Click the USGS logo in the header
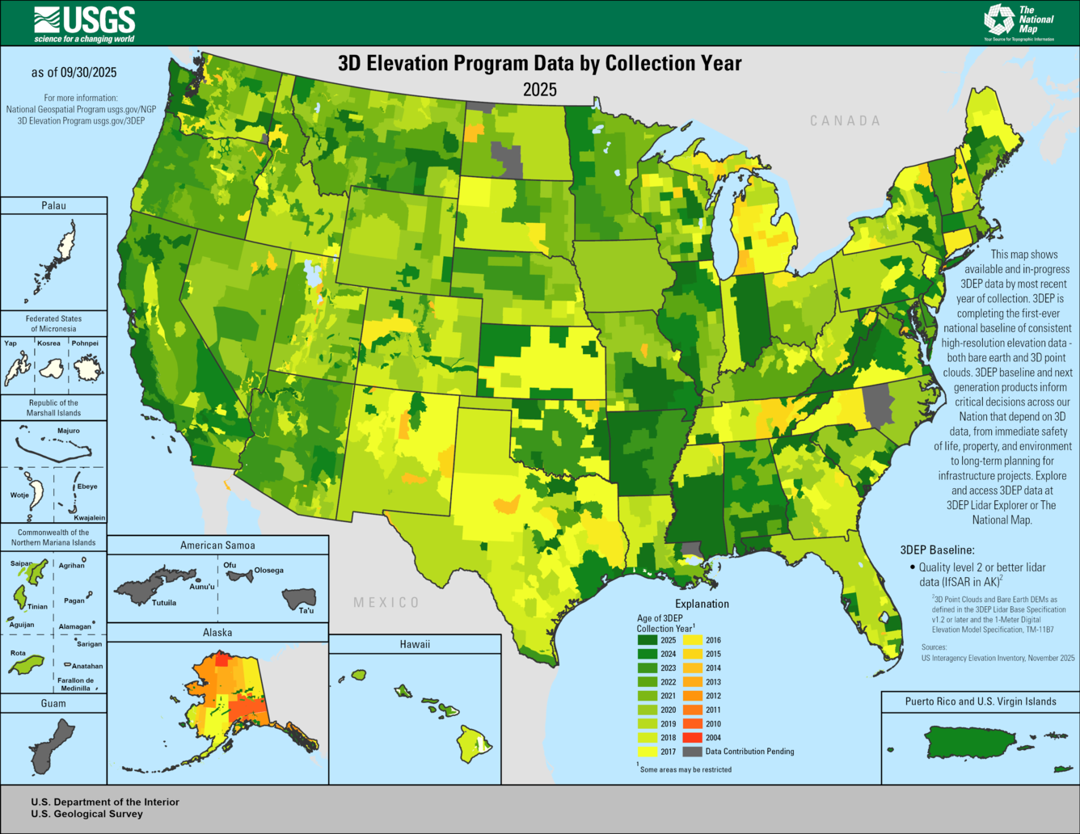pyautogui.click(x=84, y=23)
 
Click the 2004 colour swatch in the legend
pyautogui.click(x=692, y=737)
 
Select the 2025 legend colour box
pyautogui.click(x=647, y=640)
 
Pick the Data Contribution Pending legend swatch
pyautogui.click(x=692, y=752)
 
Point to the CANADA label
pyautogui.click(x=845, y=120)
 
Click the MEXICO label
pyautogui.click(x=386, y=602)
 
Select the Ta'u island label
pyautogui.click(x=306, y=610)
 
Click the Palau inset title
pyautogui.click(x=53, y=205)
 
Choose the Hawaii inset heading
pyautogui.click(x=415, y=644)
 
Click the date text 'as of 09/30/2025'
pyautogui.click(x=74, y=73)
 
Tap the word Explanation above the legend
pyautogui.click(x=702, y=604)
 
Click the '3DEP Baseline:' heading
pyautogui.click(x=937, y=550)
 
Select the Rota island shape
pyautogui.click(x=27, y=664)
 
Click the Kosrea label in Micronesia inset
pyautogui.click(x=49, y=343)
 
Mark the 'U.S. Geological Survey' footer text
pyautogui.click(x=86, y=814)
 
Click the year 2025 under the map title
pyautogui.click(x=539, y=89)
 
